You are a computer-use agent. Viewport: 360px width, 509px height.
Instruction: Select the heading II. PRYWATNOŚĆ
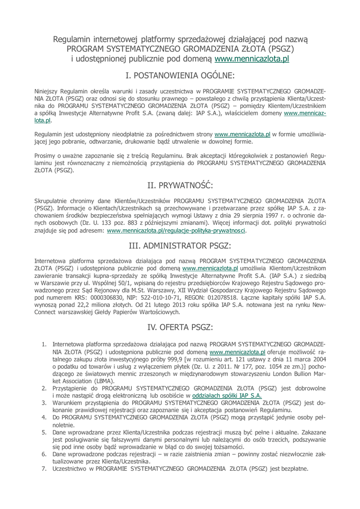180,185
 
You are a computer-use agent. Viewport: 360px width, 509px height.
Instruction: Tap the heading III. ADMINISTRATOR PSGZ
180,246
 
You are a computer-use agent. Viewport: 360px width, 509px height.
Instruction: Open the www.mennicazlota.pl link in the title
252,59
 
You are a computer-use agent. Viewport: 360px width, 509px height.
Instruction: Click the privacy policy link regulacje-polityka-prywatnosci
177,231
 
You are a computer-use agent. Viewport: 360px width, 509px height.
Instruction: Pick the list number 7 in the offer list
44,468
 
